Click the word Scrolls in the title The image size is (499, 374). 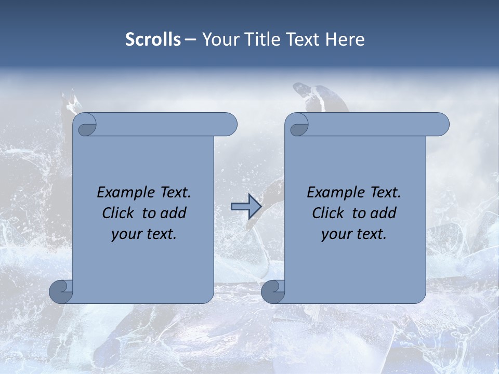click(x=153, y=39)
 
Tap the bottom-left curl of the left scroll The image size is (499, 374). click(x=61, y=291)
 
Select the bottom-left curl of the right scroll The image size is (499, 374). click(x=273, y=291)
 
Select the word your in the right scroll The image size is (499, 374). click(x=336, y=234)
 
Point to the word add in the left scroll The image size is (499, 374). click(x=174, y=213)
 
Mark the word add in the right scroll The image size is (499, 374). click(x=384, y=213)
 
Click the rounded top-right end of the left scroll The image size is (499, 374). click(x=229, y=125)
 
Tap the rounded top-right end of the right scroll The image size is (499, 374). click(x=441, y=125)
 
